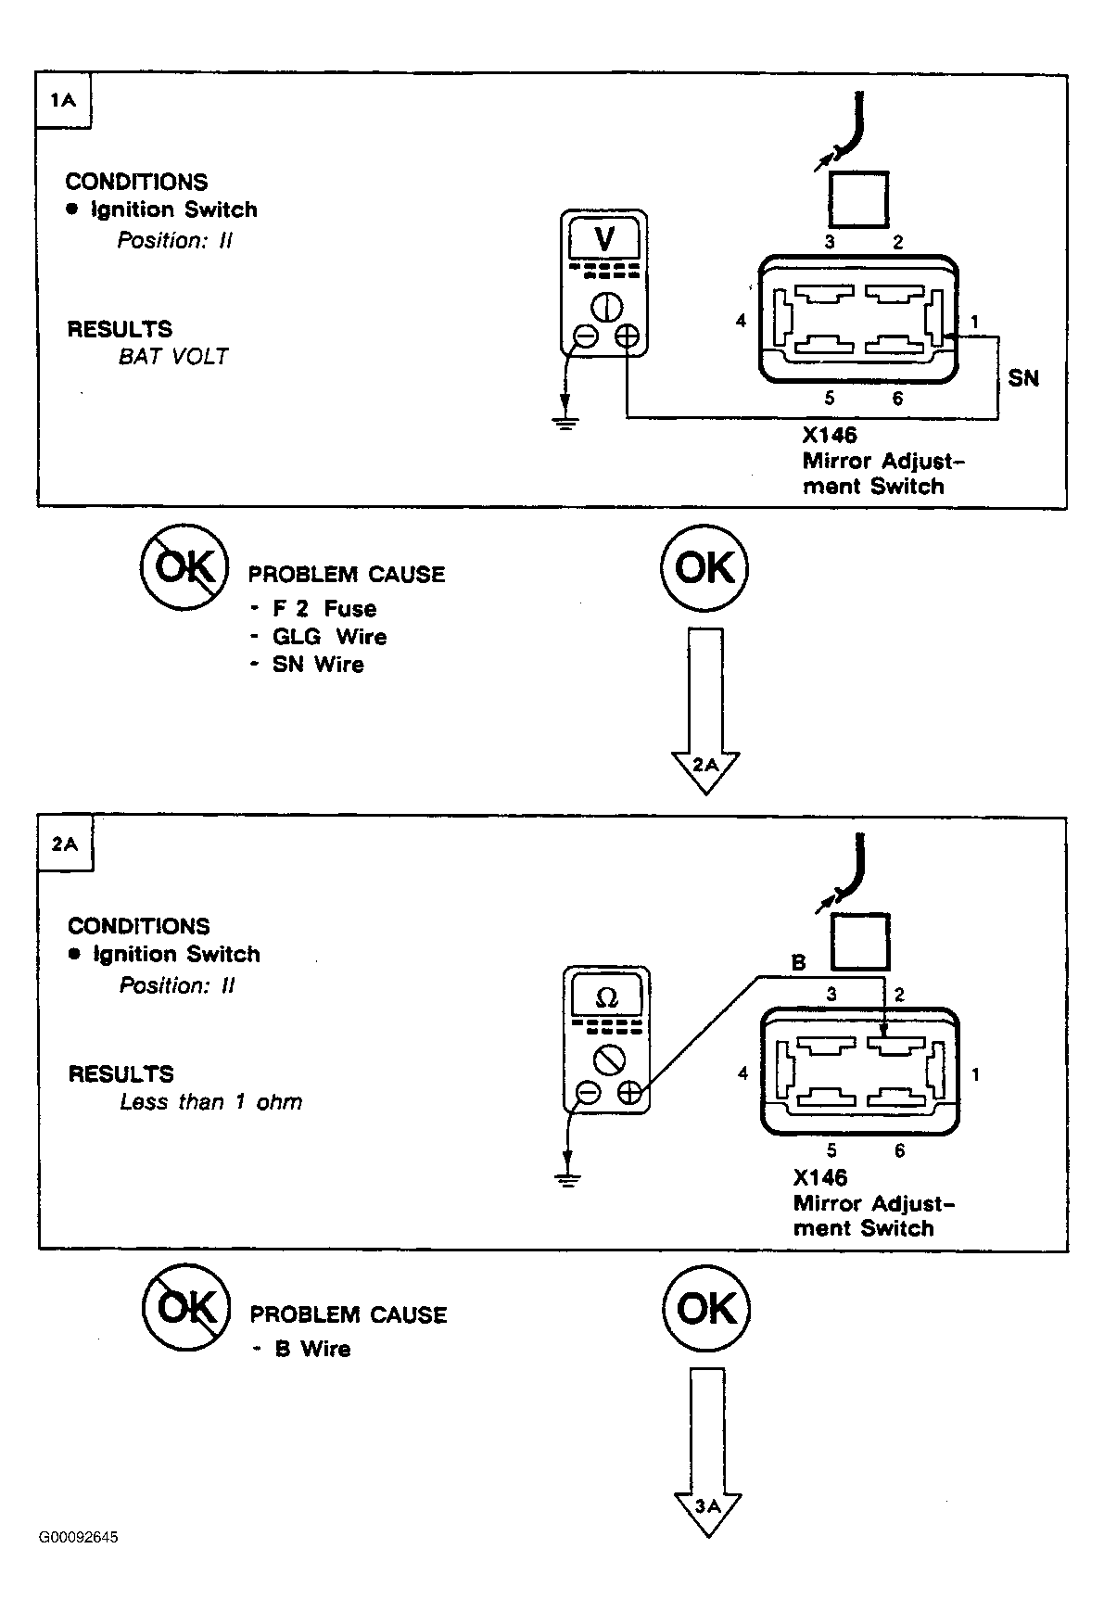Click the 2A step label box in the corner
(66, 844)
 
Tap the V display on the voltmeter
(603, 240)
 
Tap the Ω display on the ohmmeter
(607, 997)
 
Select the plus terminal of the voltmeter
(628, 336)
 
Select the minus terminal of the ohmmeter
(588, 1094)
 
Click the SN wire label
(1023, 378)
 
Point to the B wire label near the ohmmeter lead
(799, 963)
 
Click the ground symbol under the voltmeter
(565, 423)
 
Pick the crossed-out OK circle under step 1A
(184, 567)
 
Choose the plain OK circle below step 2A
(706, 1308)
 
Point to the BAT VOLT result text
(173, 357)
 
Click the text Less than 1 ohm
(211, 1102)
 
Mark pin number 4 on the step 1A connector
(741, 321)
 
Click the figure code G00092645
(79, 1537)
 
